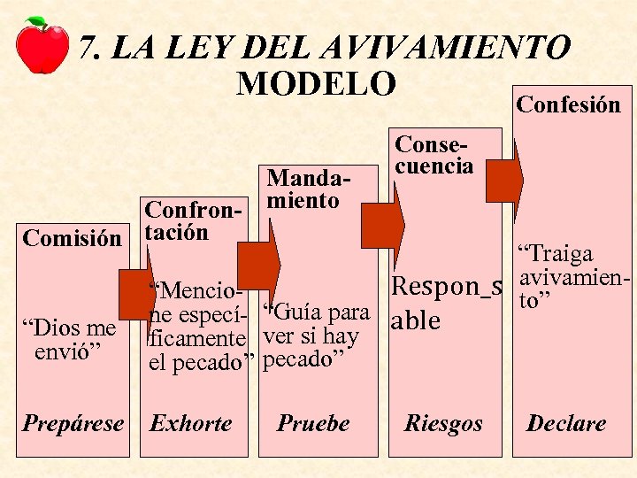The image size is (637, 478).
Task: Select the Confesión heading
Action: point(568,104)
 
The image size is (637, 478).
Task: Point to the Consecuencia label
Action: point(434,154)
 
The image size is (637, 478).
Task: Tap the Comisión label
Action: point(72,238)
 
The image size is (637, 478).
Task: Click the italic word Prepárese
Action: point(73,423)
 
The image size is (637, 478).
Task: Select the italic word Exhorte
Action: point(191,423)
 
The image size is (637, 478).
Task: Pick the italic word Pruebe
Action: point(313,423)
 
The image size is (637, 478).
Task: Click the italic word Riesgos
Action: point(443,424)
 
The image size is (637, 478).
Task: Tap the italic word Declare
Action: point(566,423)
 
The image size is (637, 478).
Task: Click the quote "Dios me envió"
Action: point(74,340)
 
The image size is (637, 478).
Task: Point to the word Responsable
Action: point(446,303)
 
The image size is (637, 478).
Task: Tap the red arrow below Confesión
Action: point(518,177)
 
